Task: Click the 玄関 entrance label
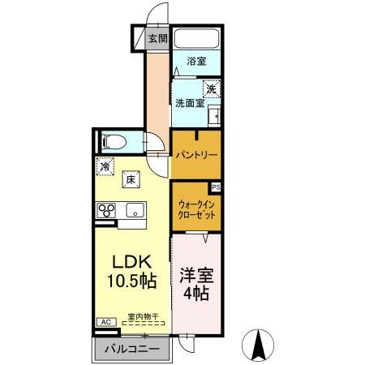click(x=157, y=38)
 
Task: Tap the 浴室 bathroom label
click(x=196, y=62)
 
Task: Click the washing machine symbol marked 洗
click(x=210, y=89)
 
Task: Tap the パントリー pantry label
click(x=195, y=153)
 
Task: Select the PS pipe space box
click(x=215, y=187)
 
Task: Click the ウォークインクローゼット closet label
click(x=196, y=211)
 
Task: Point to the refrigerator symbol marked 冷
click(x=106, y=166)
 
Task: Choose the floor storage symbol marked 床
click(x=130, y=180)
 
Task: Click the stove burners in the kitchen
click(x=107, y=210)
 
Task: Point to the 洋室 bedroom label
click(x=195, y=273)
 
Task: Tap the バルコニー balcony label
click(x=131, y=350)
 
